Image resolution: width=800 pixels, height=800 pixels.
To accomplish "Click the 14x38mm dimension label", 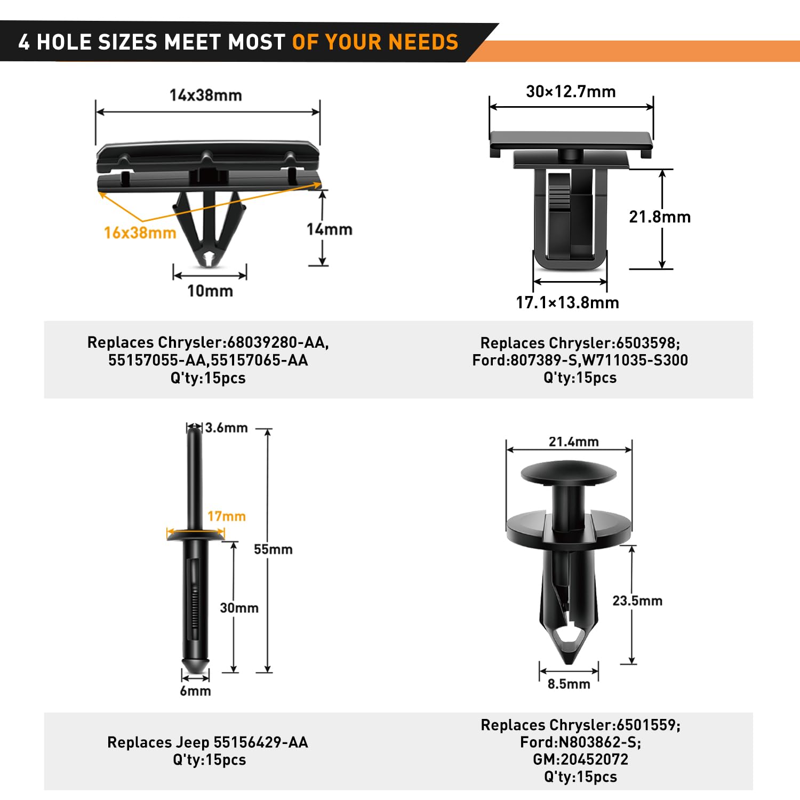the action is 206,95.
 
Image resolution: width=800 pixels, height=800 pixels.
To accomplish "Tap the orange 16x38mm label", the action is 140,233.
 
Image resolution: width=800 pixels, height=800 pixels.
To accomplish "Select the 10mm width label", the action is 210,291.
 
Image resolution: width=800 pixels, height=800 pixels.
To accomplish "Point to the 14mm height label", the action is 329,229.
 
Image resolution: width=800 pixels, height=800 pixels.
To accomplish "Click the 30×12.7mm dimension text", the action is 571,92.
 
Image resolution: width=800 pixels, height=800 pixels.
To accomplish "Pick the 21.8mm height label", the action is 660,217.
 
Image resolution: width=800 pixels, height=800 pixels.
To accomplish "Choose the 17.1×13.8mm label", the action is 567,303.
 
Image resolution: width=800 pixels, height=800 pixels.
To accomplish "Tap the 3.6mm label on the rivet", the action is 227,428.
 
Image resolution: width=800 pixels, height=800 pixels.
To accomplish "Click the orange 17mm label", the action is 227,516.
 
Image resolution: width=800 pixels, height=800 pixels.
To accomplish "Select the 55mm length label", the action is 273,549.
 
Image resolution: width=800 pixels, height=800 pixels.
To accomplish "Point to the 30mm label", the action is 239,608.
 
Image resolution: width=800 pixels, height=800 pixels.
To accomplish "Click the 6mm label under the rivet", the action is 195,691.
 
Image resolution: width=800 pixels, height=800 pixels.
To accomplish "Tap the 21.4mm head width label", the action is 574,442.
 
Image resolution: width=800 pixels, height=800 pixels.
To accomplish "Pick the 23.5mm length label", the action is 637,601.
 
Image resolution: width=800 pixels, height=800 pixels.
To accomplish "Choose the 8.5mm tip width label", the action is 569,684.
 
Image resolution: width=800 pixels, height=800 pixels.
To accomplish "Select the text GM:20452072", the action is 581,759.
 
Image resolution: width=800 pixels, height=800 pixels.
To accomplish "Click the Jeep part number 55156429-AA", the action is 261,742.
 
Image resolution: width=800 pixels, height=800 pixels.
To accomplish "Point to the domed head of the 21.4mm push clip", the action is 569,473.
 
